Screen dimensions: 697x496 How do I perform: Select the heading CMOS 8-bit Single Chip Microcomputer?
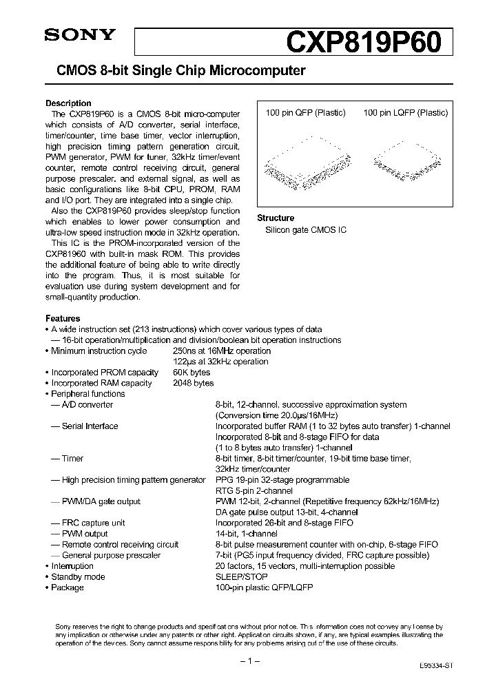(x=175, y=71)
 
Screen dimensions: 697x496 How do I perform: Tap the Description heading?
(x=68, y=103)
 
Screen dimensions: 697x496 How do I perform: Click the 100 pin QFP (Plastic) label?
(x=305, y=113)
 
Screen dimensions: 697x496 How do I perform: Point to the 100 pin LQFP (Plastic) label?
(x=405, y=113)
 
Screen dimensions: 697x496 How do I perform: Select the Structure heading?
(x=276, y=218)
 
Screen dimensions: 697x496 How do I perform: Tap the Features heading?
(x=63, y=319)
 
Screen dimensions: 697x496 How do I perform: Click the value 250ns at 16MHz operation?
(x=221, y=351)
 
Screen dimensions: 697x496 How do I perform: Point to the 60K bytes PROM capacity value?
(x=192, y=373)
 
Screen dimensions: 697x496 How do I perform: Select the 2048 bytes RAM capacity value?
(x=194, y=383)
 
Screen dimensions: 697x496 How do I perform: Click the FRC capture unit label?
(x=93, y=523)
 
